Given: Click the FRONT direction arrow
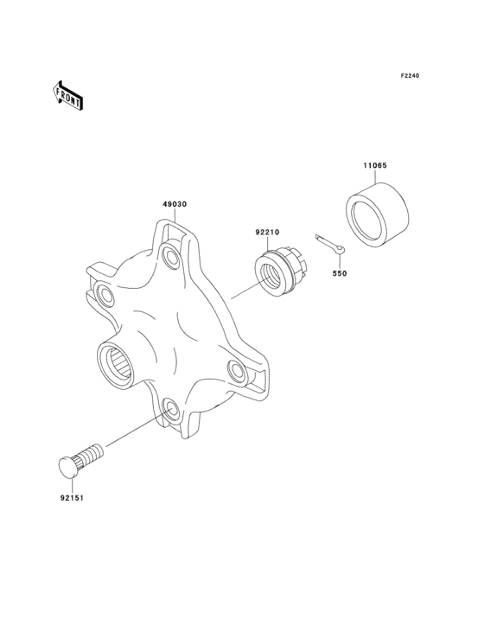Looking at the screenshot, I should [x=68, y=95].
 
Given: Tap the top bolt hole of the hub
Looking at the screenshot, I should [x=169, y=255].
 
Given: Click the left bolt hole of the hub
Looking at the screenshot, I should [x=105, y=296].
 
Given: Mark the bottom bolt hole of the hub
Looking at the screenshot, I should [x=169, y=409].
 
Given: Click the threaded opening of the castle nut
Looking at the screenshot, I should [x=271, y=273].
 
